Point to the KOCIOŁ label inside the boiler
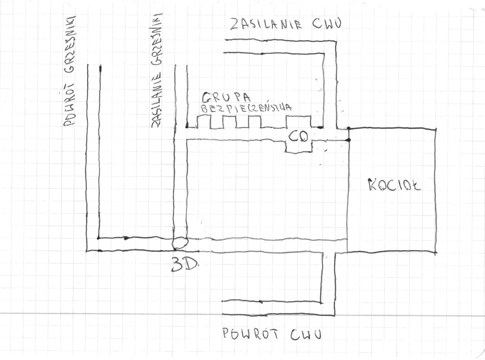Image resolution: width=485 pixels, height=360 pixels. point(394,186)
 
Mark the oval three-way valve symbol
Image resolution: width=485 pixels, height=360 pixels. point(180,243)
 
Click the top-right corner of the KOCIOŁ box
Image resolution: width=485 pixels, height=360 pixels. point(436,129)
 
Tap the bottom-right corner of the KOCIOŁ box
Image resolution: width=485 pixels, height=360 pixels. point(436,253)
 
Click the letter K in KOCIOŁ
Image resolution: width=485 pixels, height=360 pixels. point(372,185)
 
